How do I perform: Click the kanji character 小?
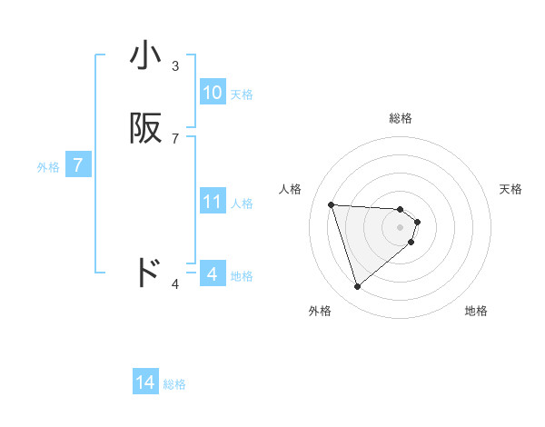click(x=145, y=55)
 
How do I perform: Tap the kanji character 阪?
click(x=145, y=129)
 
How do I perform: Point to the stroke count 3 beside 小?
click(x=175, y=66)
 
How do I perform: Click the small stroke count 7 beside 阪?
click(x=175, y=139)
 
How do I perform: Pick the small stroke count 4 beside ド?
click(x=175, y=284)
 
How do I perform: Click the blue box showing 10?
click(x=212, y=93)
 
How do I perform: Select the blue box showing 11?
click(x=212, y=202)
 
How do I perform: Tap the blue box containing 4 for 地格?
click(x=212, y=273)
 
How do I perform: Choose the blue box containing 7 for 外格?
click(x=78, y=166)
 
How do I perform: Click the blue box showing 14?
click(x=145, y=382)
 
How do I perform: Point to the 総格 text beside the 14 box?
click(x=174, y=384)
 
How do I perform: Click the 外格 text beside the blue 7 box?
click(x=48, y=167)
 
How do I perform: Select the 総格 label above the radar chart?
click(x=401, y=118)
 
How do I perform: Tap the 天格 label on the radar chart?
click(x=510, y=189)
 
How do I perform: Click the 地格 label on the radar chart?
click(x=476, y=311)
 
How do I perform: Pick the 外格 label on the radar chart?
click(x=320, y=311)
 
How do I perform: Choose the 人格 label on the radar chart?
click(x=290, y=189)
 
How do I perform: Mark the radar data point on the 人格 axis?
click(x=332, y=204)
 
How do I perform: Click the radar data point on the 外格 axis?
click(x=358, y=287)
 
